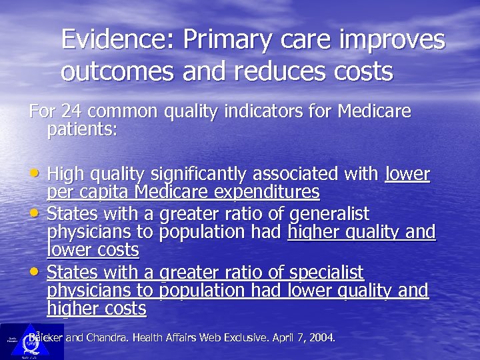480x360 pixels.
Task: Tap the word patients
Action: click(x=82, y=129)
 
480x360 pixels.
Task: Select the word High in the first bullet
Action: click(x=65, y=175)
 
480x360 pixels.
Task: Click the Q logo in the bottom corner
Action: click(x=29, y=343)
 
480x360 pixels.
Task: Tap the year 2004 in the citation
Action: click(x=320, y=338)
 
